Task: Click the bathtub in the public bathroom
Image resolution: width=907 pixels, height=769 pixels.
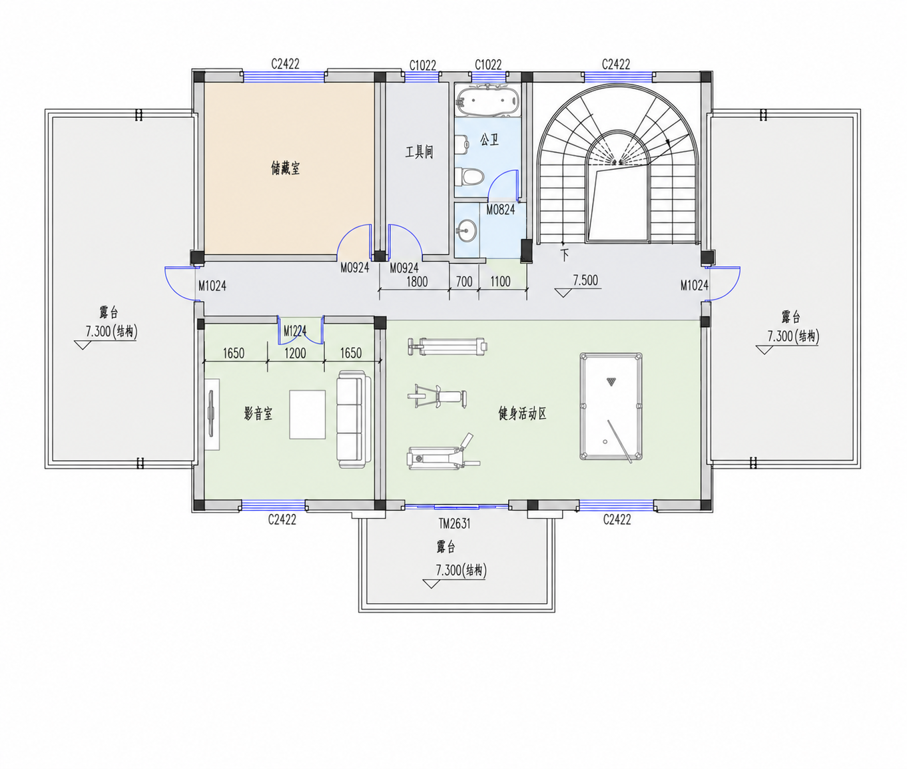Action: click(x=487, y=101)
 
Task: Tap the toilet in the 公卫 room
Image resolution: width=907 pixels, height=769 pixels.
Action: click(x=469, y=176)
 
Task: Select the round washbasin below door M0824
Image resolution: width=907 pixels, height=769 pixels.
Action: click(x=466, y=230)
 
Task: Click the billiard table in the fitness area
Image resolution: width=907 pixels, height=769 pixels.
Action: click(x=611, y=406)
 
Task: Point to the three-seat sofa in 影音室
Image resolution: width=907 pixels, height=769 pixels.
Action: click(x=353, y=419)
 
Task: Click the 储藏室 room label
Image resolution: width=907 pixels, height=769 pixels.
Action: click(x=285, y=168)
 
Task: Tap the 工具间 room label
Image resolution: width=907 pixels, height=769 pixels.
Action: click(x=419, y=152)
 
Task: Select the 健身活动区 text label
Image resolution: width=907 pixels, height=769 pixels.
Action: click(x=523, y=413)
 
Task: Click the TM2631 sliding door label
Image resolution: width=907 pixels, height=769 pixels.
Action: click(x=455, y=523)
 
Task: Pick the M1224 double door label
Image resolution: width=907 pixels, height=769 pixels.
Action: click(x=295, y=330)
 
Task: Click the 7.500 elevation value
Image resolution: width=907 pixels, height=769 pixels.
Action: click(x=586, y=280)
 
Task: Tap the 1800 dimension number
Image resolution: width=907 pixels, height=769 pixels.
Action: click(x=417, y=282)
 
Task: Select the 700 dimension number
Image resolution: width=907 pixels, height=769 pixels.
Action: click(x=464, y=282)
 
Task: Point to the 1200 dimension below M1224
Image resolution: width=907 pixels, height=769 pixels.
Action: click(x=295, y=353)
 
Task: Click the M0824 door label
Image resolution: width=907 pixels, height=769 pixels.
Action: click(x=500, y=210)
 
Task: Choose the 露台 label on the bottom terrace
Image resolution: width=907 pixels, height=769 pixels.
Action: click(x=446, y=547)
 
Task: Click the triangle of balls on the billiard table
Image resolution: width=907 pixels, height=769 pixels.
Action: click(x=611, y=382)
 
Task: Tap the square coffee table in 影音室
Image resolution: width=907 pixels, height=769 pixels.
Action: click(x=307, y=415)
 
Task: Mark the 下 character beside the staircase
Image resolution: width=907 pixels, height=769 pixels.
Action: click(x=565, y=255)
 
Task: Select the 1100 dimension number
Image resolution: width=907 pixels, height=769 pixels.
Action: click(x=500, y=282)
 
